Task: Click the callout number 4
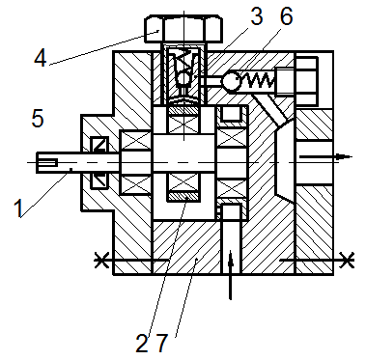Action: coord(41,59)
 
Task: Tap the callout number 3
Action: coord(257,16)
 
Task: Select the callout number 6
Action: coord(286,16)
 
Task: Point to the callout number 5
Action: coord(38,118)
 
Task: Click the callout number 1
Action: coord(19,208)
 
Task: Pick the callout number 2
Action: coord(142,344)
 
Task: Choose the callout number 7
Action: coord(162,344)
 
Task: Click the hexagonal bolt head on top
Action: coord(183,29)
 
